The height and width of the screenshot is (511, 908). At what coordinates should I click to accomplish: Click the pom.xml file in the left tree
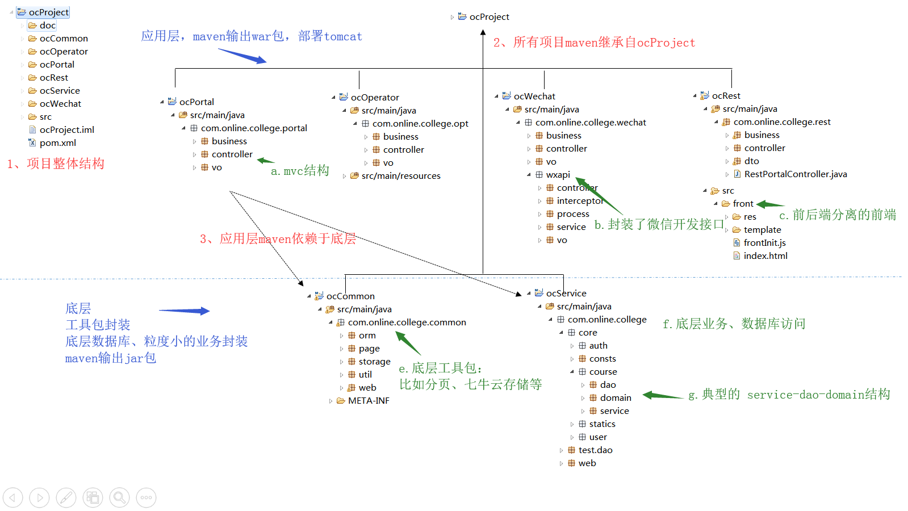[57, 143]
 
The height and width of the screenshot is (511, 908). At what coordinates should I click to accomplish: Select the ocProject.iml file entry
[66, 130]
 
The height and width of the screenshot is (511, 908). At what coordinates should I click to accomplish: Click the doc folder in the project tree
[47, 26]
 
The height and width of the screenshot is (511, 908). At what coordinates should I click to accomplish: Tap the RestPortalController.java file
[795, 174]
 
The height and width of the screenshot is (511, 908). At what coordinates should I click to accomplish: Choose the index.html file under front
[765, 256]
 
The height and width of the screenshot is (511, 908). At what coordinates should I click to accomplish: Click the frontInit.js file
[764, 243]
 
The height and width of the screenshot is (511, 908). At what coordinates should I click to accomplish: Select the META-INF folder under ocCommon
[368, 401]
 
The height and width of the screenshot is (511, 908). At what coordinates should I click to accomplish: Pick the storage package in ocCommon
[374, 362]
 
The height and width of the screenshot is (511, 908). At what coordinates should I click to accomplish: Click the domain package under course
[615, 398]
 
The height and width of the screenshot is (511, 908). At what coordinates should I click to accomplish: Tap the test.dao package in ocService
[595, 450]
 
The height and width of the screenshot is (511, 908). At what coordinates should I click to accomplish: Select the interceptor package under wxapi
[579, 201]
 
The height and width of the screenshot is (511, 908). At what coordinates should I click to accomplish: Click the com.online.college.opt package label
[420, 124]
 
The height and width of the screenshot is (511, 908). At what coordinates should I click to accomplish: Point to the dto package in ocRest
[751, 161]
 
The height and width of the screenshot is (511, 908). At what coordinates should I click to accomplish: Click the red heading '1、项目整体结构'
[56, 164]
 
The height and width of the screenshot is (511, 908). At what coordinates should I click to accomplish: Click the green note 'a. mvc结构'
[300, 171]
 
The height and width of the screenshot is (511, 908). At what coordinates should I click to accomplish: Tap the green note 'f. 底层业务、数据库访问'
[734, 324]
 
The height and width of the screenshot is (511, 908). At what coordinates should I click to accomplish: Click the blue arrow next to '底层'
[184, 311]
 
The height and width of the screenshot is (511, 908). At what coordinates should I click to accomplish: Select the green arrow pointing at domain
[663, 396]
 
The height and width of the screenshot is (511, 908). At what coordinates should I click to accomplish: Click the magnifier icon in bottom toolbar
[120, 498]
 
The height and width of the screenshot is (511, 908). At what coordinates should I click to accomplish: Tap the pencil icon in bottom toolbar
[66, 498]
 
